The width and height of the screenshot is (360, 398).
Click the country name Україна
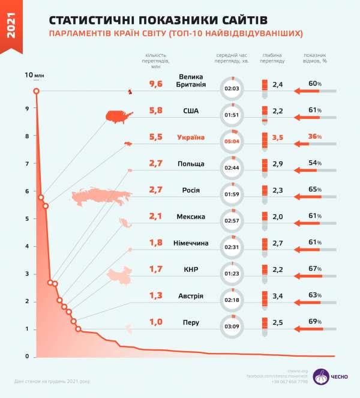click(x=191, y=137)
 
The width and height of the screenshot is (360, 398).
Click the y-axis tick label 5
click(x=26, y=219)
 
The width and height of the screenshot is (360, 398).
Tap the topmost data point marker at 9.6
click(x=37, y=91)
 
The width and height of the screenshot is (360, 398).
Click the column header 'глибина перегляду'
click(x=273, y=58)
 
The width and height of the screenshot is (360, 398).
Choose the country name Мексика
click(x=191, y=217)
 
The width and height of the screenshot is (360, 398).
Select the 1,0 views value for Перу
click(x=155, y=322)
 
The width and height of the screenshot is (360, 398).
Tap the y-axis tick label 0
click(x=26, y=357)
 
